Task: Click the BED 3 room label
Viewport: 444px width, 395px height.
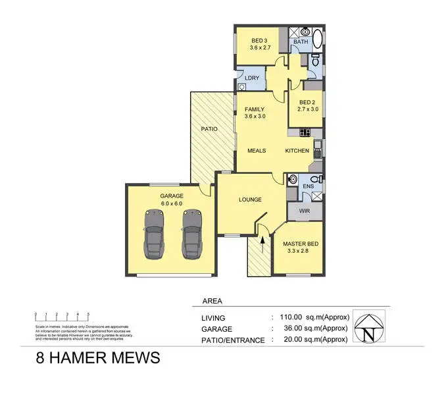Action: pyautogui.click(x=258, y=43)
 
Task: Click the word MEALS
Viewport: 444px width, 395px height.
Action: pyautogui.click(x=257, y=151)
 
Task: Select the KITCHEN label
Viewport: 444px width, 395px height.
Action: pyautogui.click(x=297, y=151)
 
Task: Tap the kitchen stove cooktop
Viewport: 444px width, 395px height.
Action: pyautogui.click(x=305, y=132)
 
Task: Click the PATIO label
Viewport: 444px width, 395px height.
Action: pyautogui.click(x=209, y=129)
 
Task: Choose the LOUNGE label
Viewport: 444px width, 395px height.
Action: pyautogui.click(x=250, y=199)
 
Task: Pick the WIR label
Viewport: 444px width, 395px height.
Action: pyautogui.click(x=304, y=211)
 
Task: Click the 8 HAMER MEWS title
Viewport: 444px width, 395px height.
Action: pyautogui.click(x=98, y=358)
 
